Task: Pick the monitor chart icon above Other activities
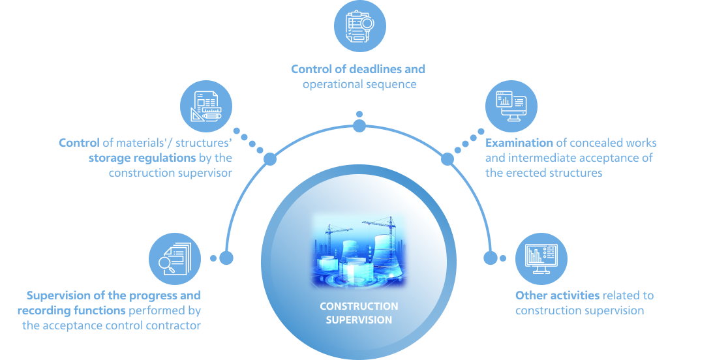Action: [x=541, y=258]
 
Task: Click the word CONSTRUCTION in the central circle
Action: [x=359, y=307]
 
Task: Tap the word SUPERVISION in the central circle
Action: [x=359, y=320]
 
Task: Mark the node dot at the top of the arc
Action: [x=359, y=126]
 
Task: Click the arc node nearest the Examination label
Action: [x=447, y=159]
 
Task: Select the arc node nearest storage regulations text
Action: [x=269, y=159]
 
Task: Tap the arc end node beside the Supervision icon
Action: [x=226, y=258]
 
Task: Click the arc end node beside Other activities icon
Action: [x=491, y=258]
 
